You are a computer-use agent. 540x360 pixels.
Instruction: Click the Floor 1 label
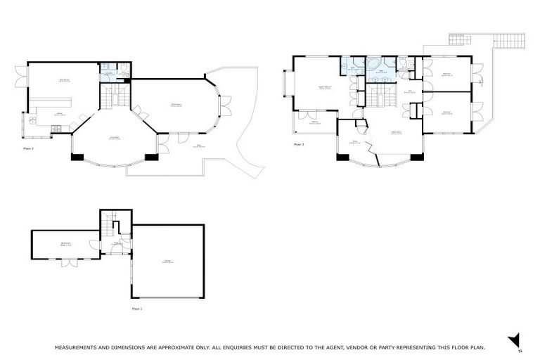click(137, 309)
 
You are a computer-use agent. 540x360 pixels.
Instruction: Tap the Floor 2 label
click(29, 149)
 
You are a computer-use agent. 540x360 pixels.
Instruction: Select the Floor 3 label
click(299, 145)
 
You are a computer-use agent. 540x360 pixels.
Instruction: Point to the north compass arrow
click(514, 340)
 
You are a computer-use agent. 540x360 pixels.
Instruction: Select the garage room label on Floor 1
click(168, 262)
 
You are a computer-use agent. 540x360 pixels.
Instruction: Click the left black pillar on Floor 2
click(77, 157)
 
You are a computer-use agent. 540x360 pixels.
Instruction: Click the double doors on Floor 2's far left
click(20, 77)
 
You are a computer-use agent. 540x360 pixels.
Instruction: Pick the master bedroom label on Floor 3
click(325, 88)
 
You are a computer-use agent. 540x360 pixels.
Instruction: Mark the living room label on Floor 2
click(113, 138)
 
